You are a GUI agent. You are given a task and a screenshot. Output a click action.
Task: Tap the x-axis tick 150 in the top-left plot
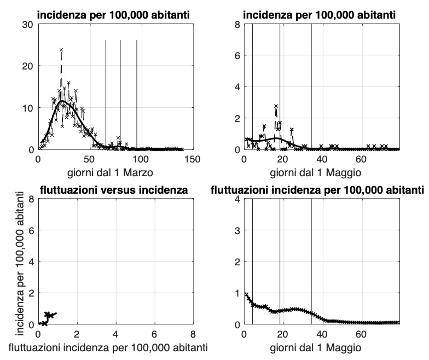pyautogui.click(x=192, y=159)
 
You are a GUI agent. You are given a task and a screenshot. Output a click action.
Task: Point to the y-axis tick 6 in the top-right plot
pyautogui.click(x=237, y=56)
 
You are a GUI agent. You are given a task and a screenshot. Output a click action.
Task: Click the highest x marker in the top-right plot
pyautogui.click(x=276, y=106)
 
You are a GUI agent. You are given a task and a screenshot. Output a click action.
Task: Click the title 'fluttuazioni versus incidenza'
pyautogui.click(x=114, y=190)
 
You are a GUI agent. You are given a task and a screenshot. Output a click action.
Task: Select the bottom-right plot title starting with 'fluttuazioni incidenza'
pyautogui.click(x=317, y=190)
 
